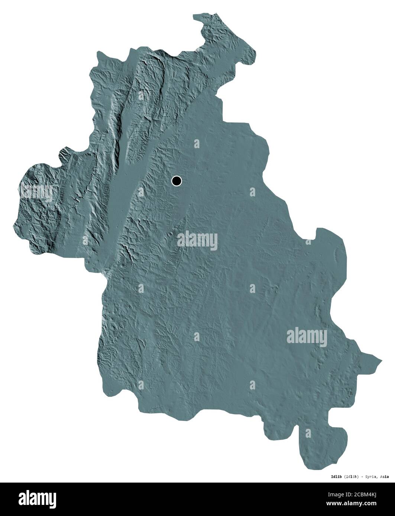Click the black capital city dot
(177, 181)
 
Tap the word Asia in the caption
(385, 476)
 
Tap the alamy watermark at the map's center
(197, 240)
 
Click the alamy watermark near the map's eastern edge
(307, 337)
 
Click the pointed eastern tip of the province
(380, 360)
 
